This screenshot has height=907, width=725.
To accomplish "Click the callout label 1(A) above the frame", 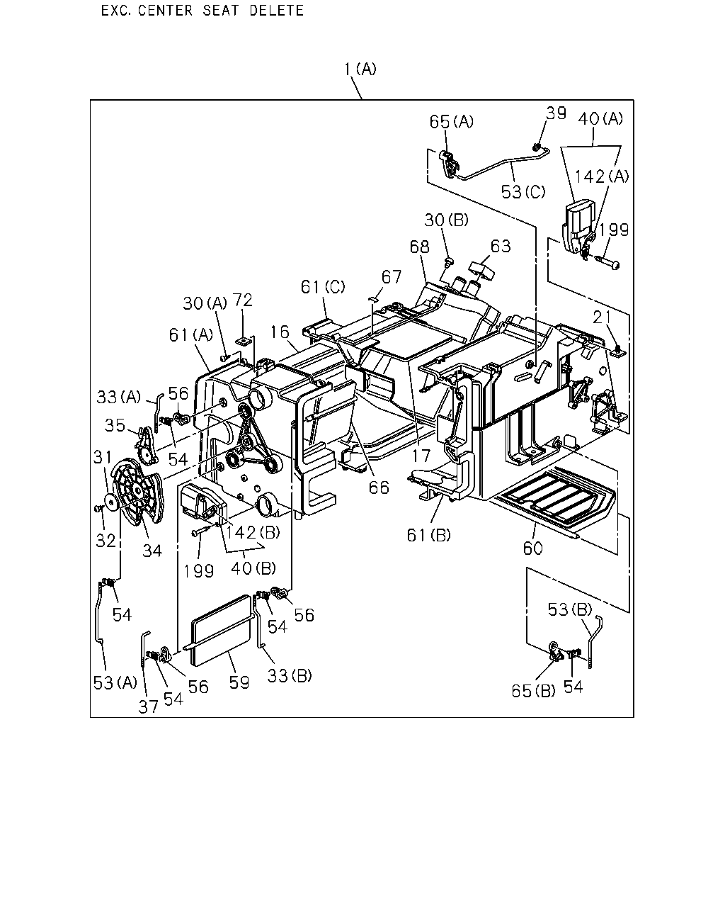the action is pyautogui.click(x=360, y=69).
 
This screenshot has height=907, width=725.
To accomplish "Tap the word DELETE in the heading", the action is pyautogui.click(x=276, y=11).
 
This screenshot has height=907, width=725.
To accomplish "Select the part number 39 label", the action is pyautogui.click(x=556, y=113).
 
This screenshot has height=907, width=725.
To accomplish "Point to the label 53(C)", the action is pyautogui.click(x=523, y=192).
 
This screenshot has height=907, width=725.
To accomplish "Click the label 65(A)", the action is pyautogui.click(x=452, y=122).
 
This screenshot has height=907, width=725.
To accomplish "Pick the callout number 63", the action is pyautogui.click(x=501, y=246).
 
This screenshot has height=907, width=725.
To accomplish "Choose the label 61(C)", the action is pyautogui.click(x=323, y=287).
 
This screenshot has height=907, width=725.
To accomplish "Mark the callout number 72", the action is pyautogui.click(x=243, y=300).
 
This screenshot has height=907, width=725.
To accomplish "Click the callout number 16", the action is pyautogui.click(x=279, y=332).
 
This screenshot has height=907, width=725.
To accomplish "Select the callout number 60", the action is pyautogui.click(x=533, y=548).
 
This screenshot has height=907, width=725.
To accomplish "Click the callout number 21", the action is pyautogui.click(x=603, y=317).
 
